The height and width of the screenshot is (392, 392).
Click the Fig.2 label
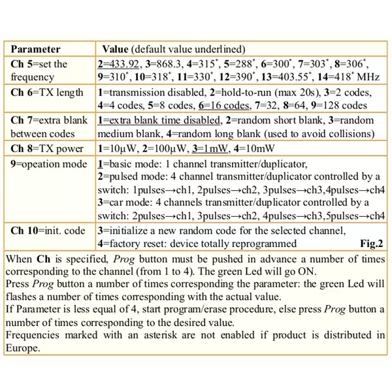[372, 244]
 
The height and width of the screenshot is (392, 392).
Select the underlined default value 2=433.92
[119, 64]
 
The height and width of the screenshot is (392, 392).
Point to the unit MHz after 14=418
[372, 76]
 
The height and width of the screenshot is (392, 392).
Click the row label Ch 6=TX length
[47, 92]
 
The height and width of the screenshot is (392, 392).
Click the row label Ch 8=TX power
[47, 148]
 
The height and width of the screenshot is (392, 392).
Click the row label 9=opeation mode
[49, 163]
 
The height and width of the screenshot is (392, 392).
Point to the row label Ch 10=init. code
[47, 231]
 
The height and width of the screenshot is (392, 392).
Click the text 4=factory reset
[132, 244]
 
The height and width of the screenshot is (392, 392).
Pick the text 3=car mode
[125, 203]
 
